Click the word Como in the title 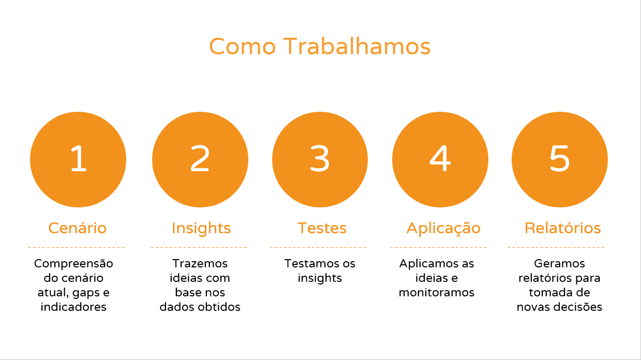(x=243, y=46)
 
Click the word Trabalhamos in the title (x=357, y=46)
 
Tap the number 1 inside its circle (x=79, y=158)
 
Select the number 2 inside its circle (x=200, y=158)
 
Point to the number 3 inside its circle (x=320, y=158)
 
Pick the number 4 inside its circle (x=440, y=158)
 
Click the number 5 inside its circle (x=560, y=158)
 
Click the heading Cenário (x=77, y=228)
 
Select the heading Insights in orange (x=201, y=229)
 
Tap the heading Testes (x=322, y=228)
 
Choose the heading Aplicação (x=443, y=229)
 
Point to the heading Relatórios (x=562, y=228)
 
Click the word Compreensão (x=73, y=264)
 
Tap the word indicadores (x=73, y=307)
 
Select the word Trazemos (x=200, y=264)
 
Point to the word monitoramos (x=437, y=292)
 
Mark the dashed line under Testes (x=318, y=247)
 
